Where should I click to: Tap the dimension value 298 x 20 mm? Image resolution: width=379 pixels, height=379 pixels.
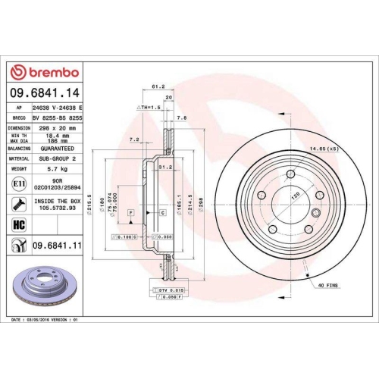pos(58,129)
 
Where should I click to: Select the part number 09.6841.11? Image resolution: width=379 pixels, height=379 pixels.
pos(58,245)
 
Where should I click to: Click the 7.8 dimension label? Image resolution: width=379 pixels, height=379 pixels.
pos(181,117)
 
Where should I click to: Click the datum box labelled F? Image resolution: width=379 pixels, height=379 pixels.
pos(130,214)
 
